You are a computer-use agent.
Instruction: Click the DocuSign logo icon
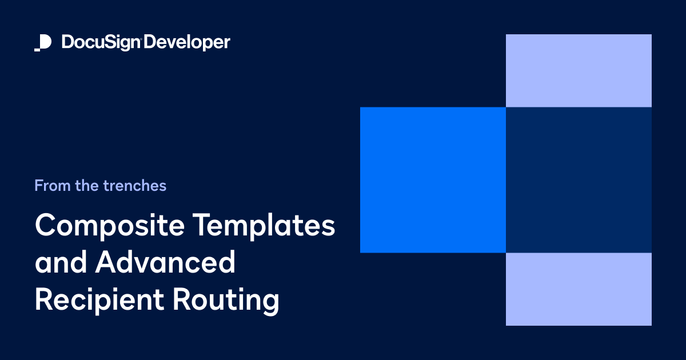[x=43, y=43]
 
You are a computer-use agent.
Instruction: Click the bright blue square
[x=433, y=180]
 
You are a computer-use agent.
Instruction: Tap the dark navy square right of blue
[x=579, y=180]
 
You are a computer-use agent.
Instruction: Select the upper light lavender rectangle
[x=579, y=70]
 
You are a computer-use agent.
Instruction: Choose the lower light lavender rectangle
[x=579, y=289]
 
